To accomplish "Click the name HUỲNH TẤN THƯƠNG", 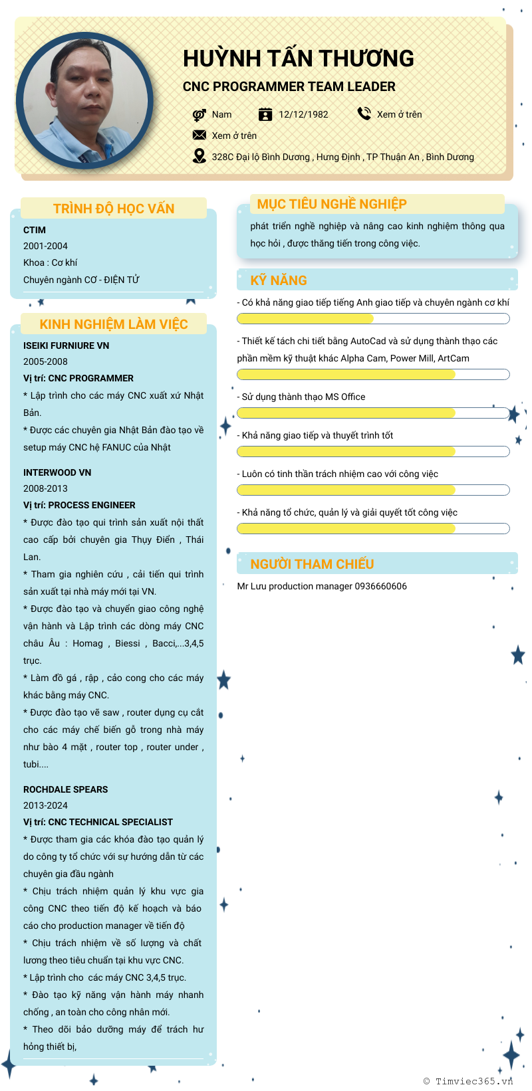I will tap(298, 58).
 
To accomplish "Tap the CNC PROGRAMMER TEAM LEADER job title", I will tap(289, 87).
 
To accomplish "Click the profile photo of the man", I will tap(84, 101).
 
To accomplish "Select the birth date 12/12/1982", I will tap(303, 114).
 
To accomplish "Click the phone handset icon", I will tap(364, 114).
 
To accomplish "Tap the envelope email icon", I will tap(199, 135).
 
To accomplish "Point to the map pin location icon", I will tap(199, 156).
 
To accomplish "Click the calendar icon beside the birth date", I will tap(265, 114).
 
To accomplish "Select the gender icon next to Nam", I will tap(199, 114).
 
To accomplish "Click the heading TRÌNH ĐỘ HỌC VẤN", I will tap(114, 209).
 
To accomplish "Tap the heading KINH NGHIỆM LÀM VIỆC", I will tap(114, 324).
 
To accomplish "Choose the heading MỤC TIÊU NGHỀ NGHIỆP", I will tap(332, 204).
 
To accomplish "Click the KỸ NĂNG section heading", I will tap(279, 280).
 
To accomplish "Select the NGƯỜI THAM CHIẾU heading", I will tap(312, 564).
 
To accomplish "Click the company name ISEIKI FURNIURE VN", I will tap(66, 346).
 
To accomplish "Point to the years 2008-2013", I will tap(45, 488).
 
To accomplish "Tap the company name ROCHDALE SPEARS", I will tap(65, 789).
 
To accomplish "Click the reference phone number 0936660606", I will tap(380, 586).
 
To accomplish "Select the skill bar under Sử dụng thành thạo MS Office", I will tap(373, 413).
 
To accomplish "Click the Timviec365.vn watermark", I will tap(468, 1081).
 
